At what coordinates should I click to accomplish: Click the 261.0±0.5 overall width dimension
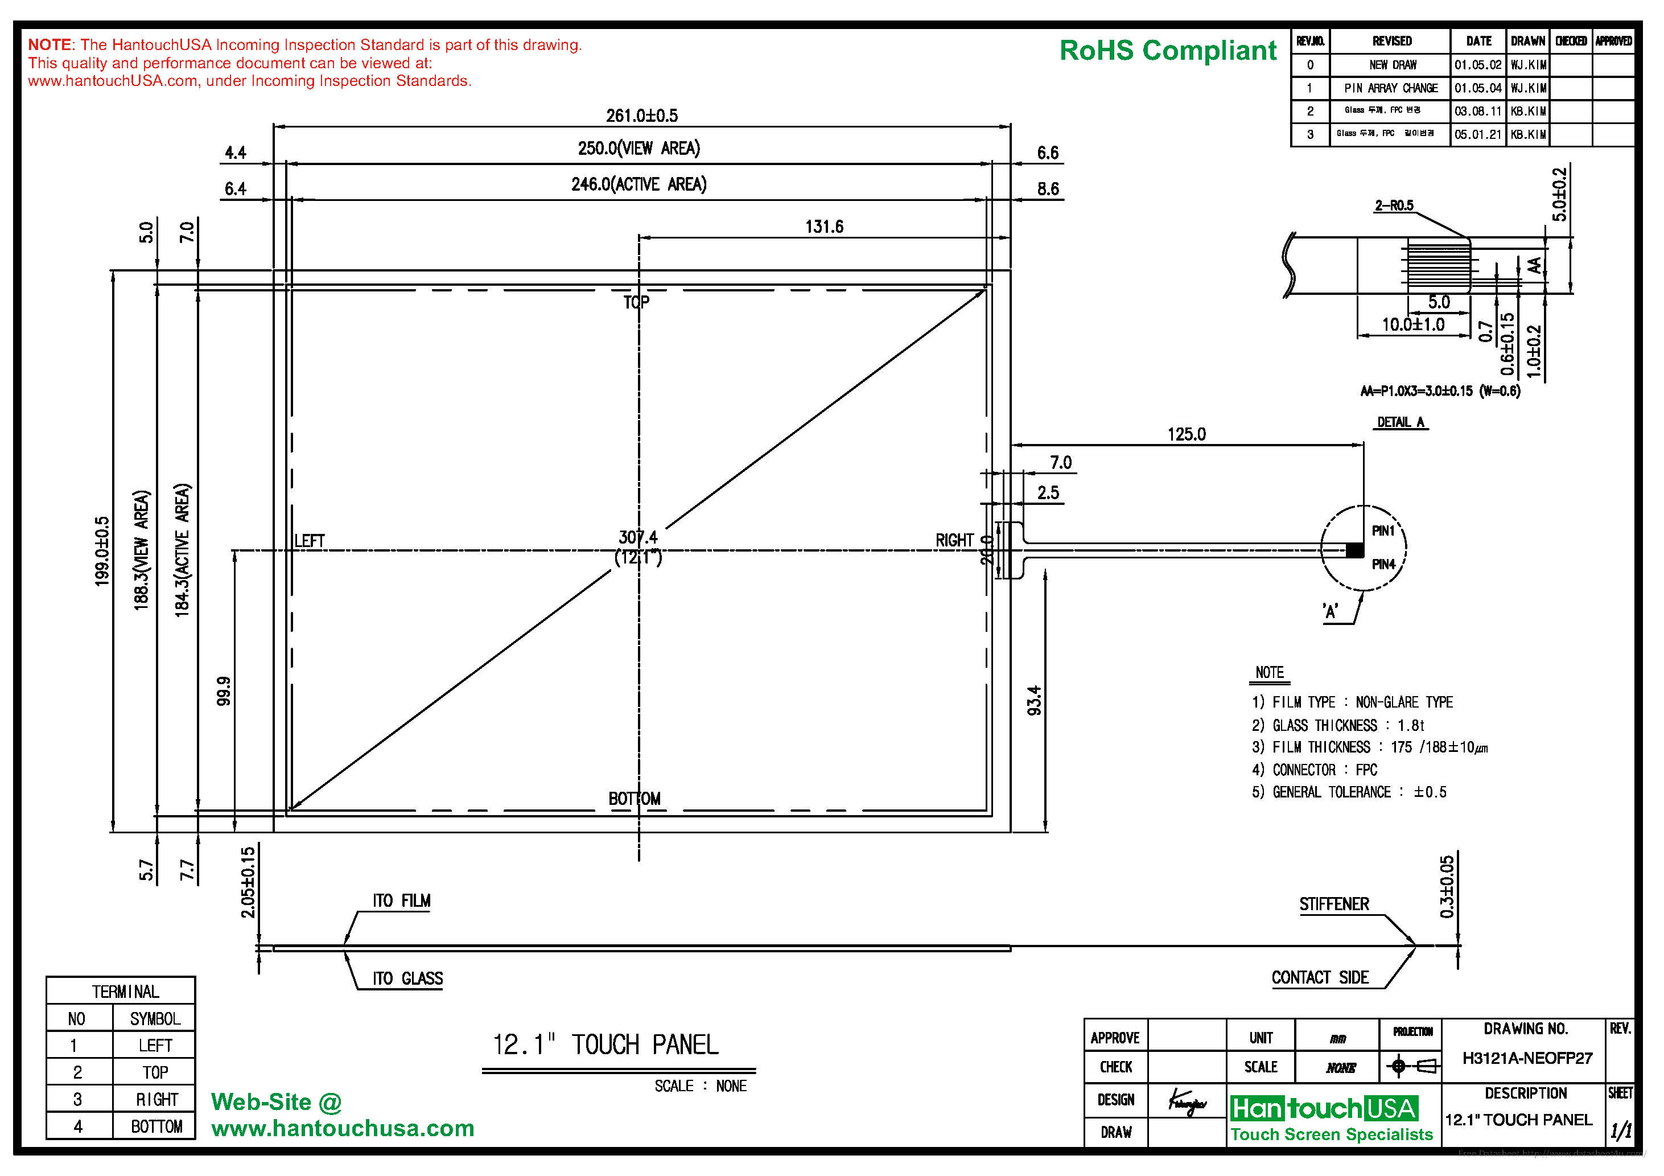641,116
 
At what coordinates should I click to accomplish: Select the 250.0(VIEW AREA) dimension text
639,149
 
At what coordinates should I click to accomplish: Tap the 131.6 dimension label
824,227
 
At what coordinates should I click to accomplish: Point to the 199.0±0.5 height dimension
102,551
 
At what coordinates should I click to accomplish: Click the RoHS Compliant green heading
1168,51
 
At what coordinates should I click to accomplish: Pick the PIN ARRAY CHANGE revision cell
1390,88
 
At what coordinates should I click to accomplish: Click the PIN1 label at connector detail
1383,531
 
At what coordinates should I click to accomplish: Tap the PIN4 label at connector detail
1383,564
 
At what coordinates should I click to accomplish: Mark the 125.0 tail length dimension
1187,434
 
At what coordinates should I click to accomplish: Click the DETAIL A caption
1400,422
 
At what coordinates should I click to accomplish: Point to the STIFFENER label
1333,904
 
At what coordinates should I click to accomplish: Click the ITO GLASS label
407,979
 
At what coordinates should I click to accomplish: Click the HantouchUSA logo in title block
1324,1108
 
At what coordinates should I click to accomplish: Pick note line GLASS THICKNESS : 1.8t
1338,725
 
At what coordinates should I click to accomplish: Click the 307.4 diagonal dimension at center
638,537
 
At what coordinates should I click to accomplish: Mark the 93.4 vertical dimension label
1034,700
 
